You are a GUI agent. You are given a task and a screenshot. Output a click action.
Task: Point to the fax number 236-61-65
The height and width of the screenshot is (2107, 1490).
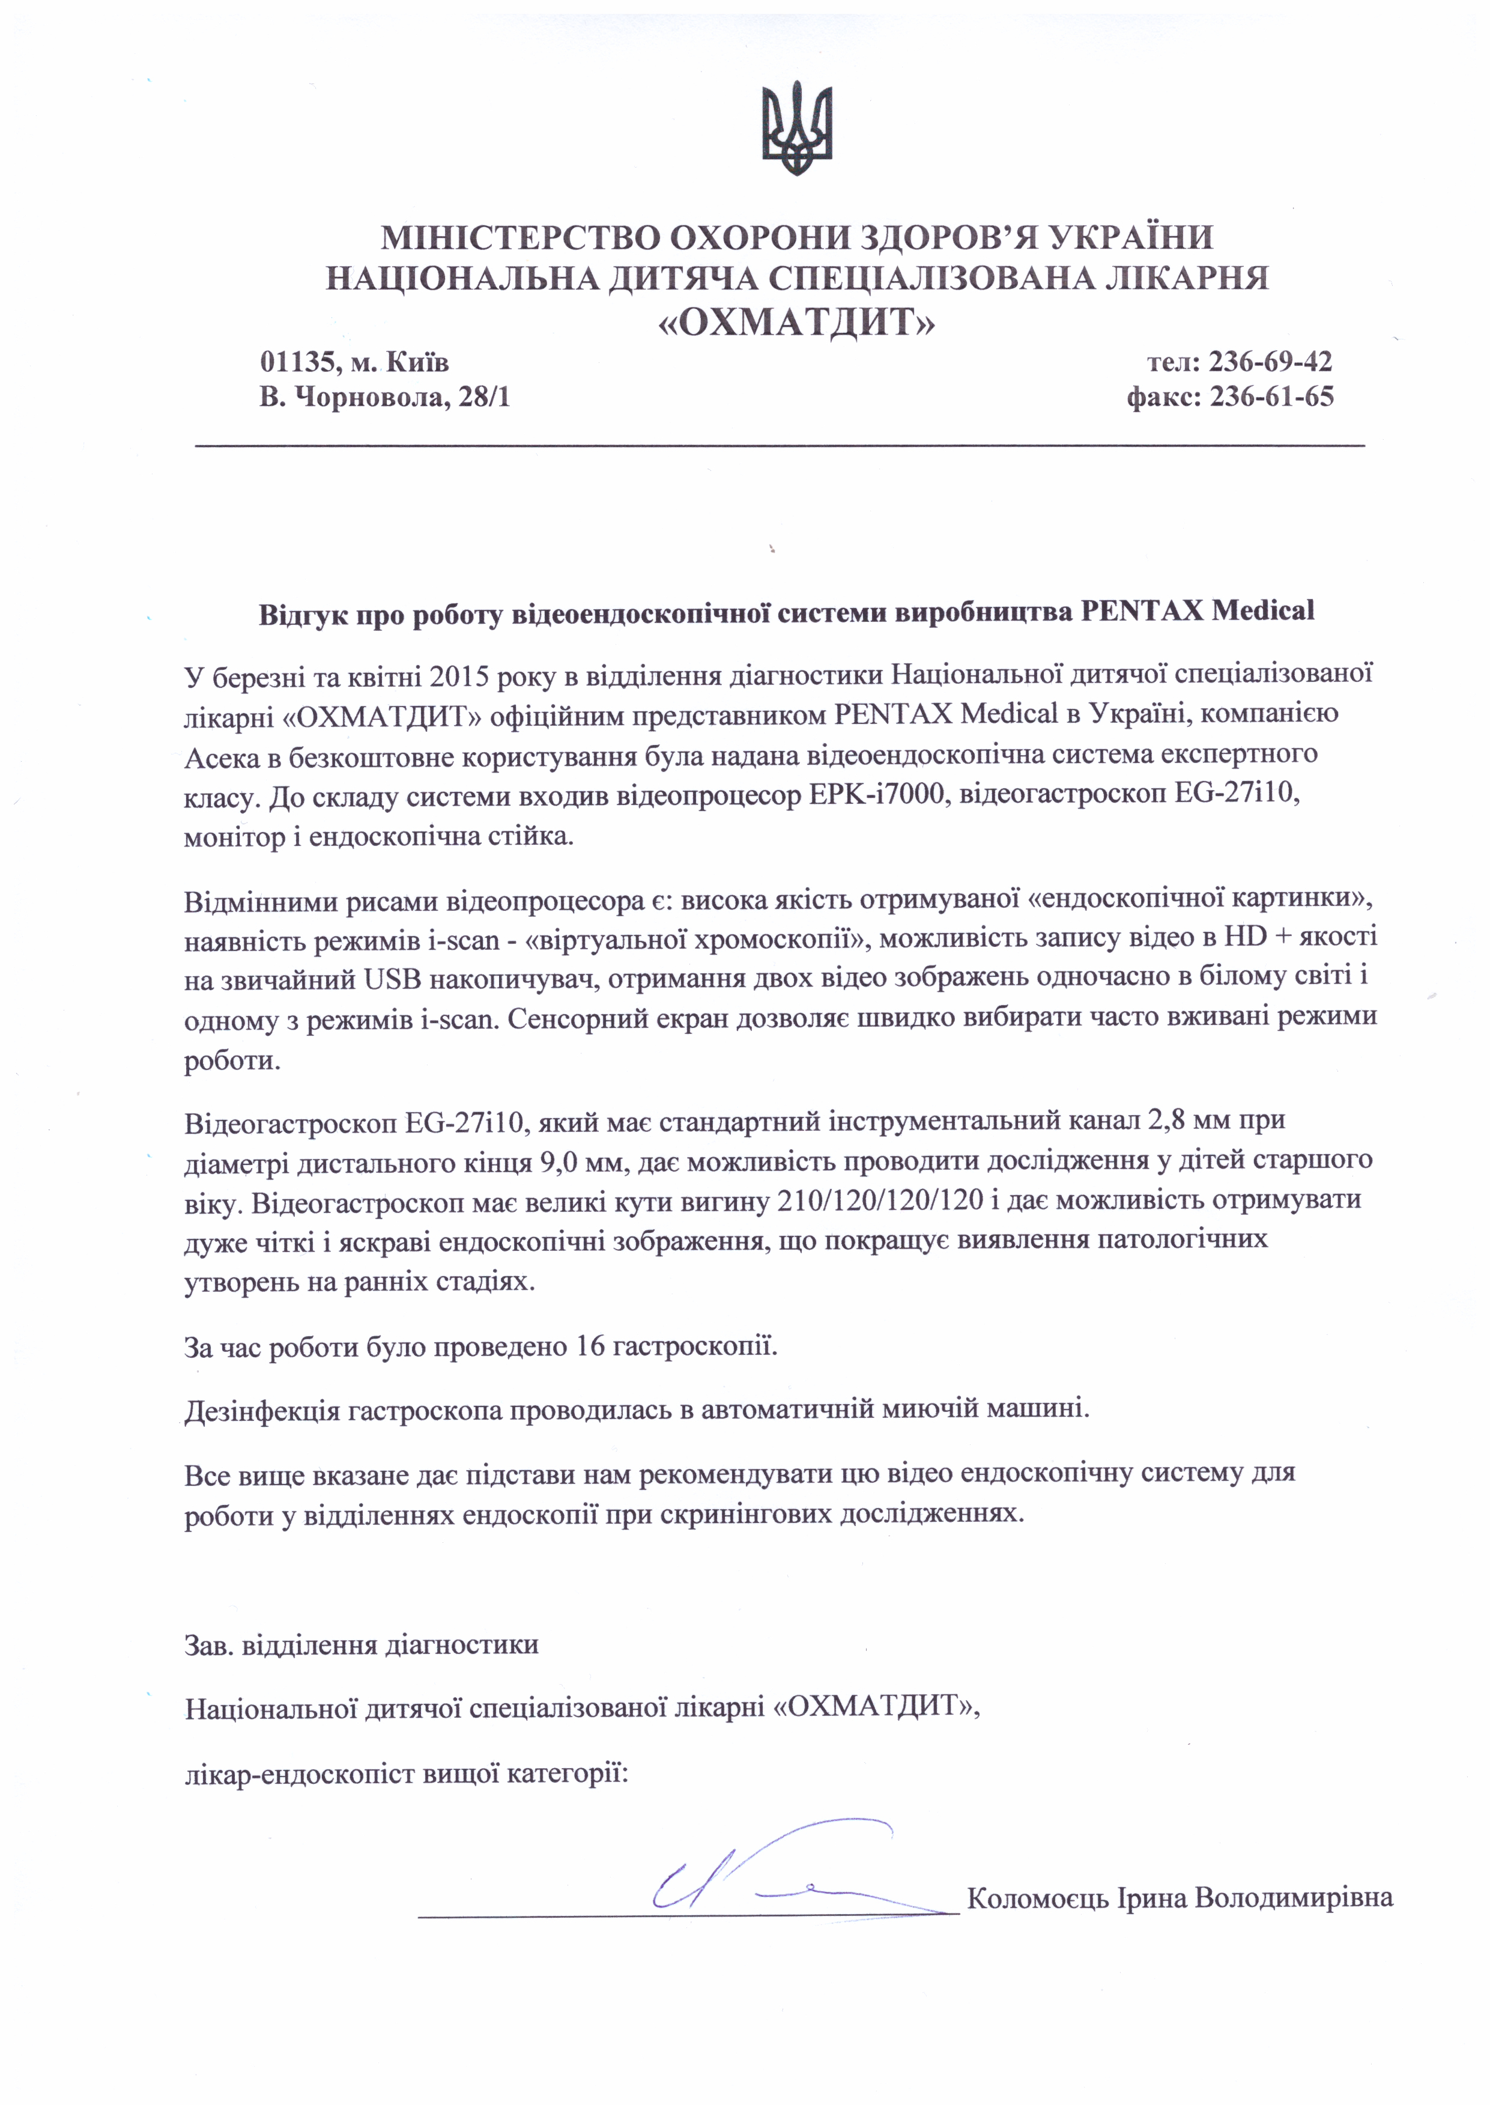point(1271,397)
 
